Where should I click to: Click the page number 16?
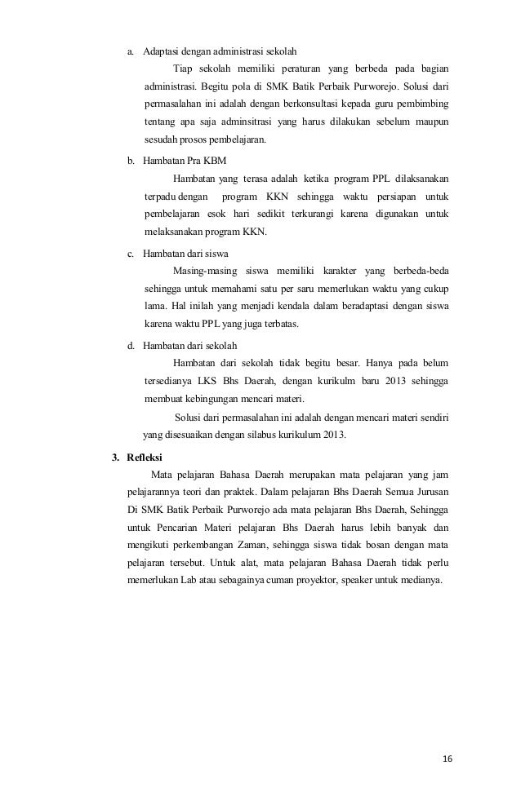pyautogui.click(x=446, y=758)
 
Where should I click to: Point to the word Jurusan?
pyautogui.click(x=430, y=492)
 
